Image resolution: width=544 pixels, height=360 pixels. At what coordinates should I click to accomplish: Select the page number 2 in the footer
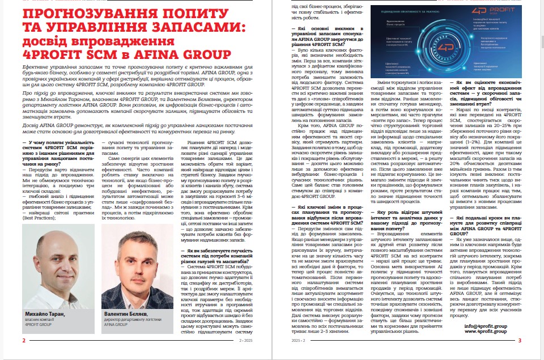tap(23, 340)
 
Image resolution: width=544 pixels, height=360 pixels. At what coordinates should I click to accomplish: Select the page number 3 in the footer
tap(520, 340)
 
